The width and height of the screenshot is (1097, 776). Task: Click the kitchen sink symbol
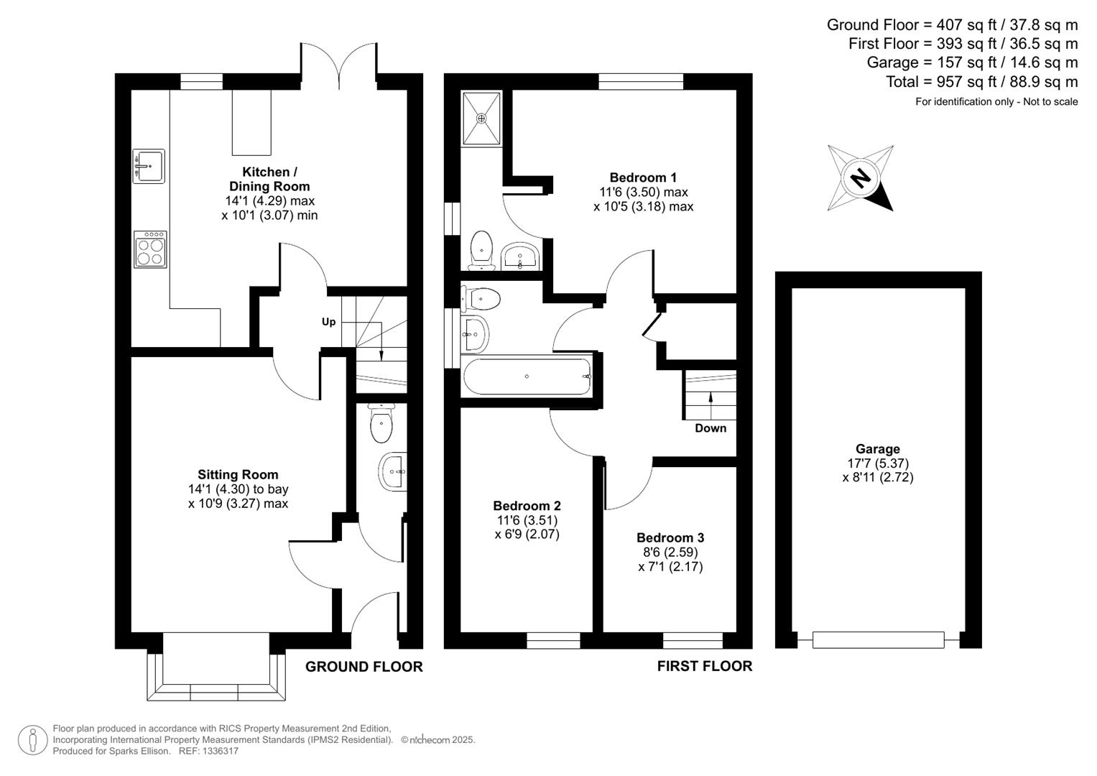149,166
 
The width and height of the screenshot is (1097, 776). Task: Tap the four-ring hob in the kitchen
150,249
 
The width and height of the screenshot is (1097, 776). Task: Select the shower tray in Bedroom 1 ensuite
481,117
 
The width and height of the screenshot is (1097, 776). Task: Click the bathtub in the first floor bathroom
527,376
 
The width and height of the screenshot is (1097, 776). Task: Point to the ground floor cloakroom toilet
381,424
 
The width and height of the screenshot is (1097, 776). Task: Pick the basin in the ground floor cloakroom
392,472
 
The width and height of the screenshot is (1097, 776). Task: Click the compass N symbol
860,177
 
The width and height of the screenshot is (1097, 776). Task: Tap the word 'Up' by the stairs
328,321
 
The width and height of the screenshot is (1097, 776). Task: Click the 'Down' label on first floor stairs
710,428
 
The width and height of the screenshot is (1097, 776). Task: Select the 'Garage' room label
877,449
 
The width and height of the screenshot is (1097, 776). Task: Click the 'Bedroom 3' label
670,537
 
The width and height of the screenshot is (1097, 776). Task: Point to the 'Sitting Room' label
238,474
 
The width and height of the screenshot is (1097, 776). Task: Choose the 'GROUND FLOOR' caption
364,667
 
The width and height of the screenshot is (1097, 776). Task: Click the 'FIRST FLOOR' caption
704,667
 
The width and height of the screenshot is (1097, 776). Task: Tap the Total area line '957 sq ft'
981,81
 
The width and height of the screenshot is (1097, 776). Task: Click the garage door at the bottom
877,639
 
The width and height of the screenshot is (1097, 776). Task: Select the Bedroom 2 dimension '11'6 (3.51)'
527,520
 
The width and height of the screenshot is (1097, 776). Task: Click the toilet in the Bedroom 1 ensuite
481,249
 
